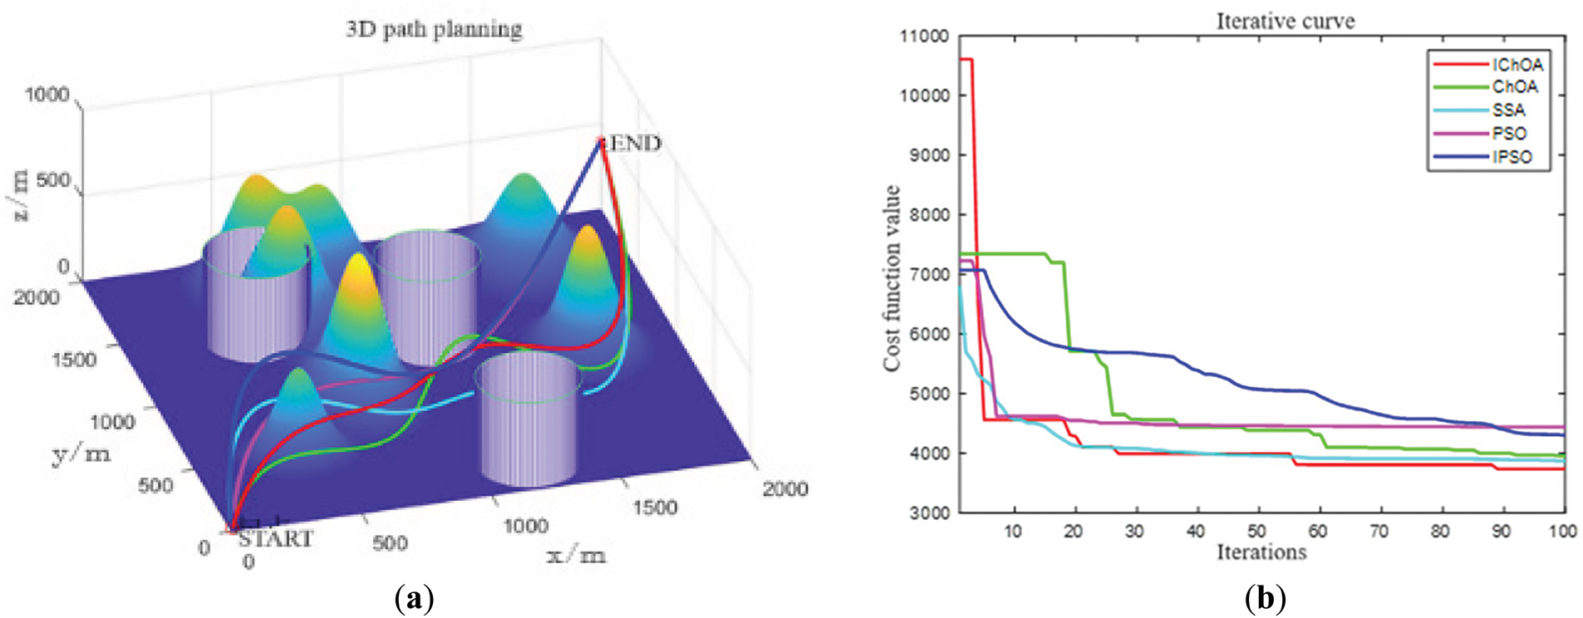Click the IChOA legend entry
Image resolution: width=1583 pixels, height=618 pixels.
click(1517, 65)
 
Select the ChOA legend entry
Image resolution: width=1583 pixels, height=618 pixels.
click(1514, 87)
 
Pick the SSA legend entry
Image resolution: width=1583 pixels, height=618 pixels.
click(1508, 110)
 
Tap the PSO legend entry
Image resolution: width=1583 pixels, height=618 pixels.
click(1509, 134)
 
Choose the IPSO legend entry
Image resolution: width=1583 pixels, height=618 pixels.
click(1512, 157)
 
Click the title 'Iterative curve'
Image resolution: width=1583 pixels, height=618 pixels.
click(1285, 22)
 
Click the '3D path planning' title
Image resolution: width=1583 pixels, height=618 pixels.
click(434, 30)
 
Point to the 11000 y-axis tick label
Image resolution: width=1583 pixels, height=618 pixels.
click(923, 37)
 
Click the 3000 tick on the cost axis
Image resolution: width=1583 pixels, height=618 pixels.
click(923, 513)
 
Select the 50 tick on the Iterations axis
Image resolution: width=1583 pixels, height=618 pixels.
click(1256, 532)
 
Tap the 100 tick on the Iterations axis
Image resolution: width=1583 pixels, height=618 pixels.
click(1563, 532)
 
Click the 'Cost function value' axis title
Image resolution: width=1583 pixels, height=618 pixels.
click(892, 278)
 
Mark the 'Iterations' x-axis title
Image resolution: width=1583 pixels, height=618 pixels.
click(1261, 552)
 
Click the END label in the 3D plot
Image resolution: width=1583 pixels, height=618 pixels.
click(636, 144)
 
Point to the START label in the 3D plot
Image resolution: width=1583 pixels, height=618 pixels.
click(275, 539)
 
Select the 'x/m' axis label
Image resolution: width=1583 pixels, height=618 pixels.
click(576, 554)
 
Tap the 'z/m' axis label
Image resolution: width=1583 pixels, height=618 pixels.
click(19, 195)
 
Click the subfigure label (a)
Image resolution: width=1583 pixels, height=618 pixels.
click(415, 599)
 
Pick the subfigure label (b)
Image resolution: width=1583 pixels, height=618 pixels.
click(1266, 599)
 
